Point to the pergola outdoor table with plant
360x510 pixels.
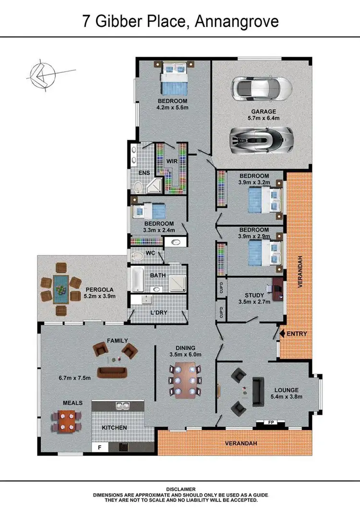(60, 289)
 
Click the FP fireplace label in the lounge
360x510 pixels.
(270, 423)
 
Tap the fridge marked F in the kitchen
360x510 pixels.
(100, 447)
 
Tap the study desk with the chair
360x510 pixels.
(277, 289)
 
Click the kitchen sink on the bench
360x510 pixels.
(123, 406)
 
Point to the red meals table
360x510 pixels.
(66, 421)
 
